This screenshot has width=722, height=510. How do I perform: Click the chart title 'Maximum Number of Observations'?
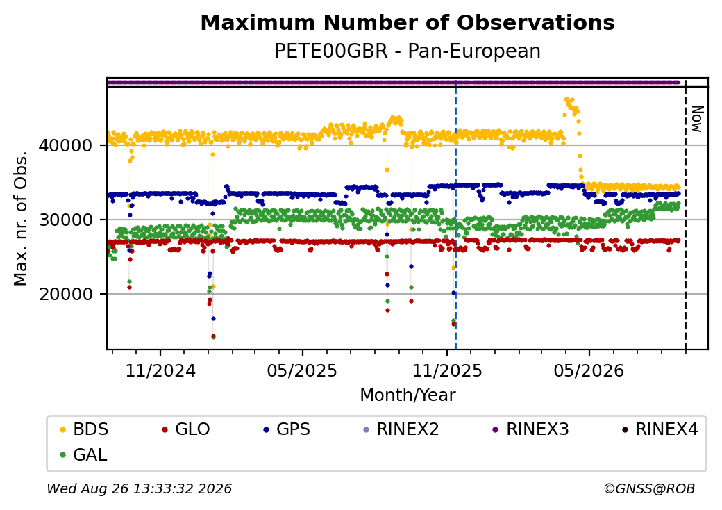pos(408,22)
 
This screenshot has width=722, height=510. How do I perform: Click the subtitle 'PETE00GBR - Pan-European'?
pos(408,51)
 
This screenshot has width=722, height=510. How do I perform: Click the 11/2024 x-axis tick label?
pos(160,370)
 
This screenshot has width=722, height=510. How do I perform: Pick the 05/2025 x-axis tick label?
pos(302,370)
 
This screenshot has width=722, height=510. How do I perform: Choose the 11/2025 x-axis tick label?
pos(446,370)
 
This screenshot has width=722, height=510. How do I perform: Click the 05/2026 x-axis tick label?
pos(589,370)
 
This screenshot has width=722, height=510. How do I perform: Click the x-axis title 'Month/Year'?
pos(408,395)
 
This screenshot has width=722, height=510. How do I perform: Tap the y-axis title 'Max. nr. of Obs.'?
pos(21,218)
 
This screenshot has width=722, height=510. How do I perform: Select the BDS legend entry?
pos(85,429)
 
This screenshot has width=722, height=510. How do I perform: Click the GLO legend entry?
pos(186,429)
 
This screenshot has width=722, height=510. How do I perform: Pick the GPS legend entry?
pos(287,429)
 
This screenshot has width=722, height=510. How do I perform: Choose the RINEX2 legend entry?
pos(401,429)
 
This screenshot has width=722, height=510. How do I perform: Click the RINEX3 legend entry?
pos(531,429)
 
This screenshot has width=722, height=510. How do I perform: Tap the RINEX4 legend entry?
pos(660,429)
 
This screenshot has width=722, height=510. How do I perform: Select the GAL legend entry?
pos(84,454)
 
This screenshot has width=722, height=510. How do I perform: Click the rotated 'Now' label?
pos(697,119)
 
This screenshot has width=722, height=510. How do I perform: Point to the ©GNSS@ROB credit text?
pos(649,488)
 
